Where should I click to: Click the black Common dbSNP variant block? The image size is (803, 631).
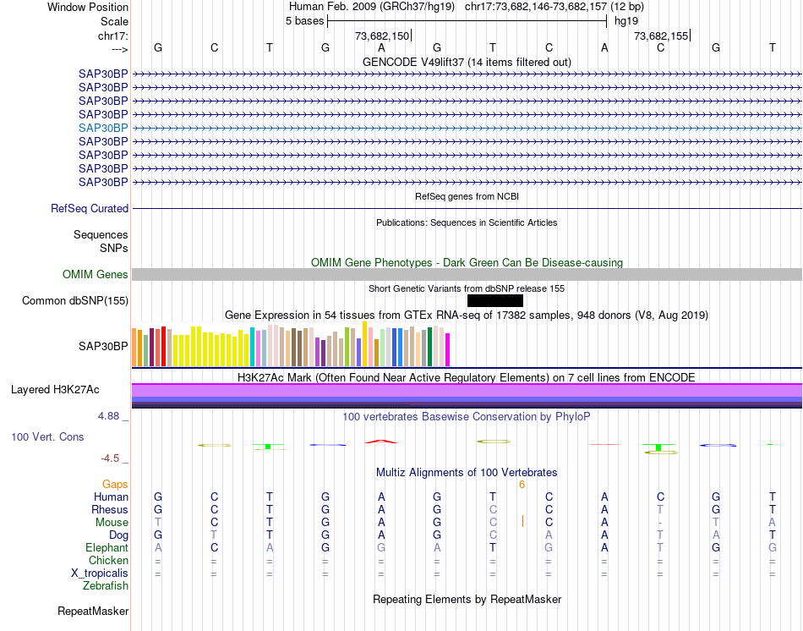point(495,300)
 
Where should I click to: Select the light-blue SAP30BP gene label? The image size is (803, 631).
point(103,128)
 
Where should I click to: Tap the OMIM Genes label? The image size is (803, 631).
point(96,275)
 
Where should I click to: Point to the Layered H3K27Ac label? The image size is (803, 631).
point(55,390)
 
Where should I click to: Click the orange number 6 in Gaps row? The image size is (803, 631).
point(522,485)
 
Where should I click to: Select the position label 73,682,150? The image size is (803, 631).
point(382,36)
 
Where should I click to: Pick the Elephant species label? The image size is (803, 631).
point(107,548)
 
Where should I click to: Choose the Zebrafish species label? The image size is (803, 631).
point(106,585)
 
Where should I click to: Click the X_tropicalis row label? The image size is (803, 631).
point(95,573)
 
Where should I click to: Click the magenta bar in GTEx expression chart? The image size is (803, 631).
point(448,350)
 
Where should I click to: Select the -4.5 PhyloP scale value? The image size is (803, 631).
point(111,458)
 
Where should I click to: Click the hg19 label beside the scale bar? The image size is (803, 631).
point(626,21)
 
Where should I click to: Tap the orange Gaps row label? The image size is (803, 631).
point(115,485)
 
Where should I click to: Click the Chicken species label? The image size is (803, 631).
point(108,561)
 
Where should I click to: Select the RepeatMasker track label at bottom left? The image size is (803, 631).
point(93,611)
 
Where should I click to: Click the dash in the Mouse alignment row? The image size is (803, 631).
point(660,523)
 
